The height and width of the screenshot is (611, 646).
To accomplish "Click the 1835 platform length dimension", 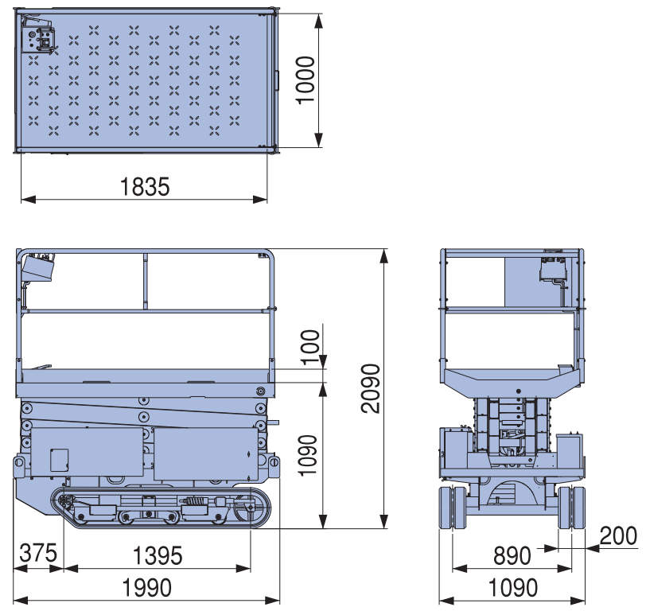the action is point(145,187).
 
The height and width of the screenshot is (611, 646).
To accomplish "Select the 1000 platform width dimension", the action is point(306,80).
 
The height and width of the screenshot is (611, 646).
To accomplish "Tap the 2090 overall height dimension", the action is point(370,388).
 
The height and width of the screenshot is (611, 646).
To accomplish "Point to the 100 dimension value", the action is point(310,347).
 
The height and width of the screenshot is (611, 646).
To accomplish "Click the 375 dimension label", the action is point(38,553).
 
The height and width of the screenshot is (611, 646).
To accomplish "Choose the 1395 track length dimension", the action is point(158,555).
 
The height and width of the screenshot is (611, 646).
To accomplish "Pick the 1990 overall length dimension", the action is point(147,587).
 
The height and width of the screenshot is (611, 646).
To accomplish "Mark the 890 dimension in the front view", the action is point(512,555).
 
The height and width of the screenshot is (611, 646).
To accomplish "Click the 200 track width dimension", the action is point(618,536).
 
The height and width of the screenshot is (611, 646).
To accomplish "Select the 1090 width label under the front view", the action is point(513,587).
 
